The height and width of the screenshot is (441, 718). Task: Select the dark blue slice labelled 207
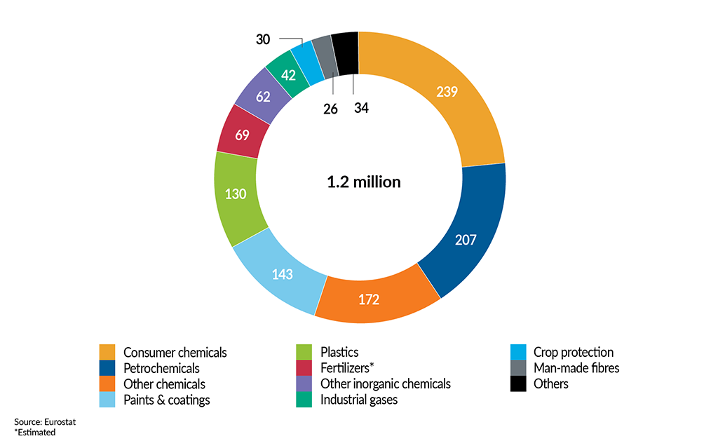(464, 240)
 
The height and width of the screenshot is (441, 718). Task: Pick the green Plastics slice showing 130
(236, 194)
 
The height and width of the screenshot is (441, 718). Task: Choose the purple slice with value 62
(263, 97)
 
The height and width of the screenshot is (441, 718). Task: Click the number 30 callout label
(263, 40)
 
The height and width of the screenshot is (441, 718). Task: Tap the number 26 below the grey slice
(330, 109)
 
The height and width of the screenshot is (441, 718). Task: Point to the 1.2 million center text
(363, 182)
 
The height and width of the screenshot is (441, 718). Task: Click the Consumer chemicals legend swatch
(107, 352)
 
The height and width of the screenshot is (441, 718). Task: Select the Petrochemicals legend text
(161, 368)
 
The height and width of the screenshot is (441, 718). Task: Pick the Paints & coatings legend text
(166, 400)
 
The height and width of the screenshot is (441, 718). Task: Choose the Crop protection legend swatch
(518, 352)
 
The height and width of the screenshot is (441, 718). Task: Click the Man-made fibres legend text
(576, 368)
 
